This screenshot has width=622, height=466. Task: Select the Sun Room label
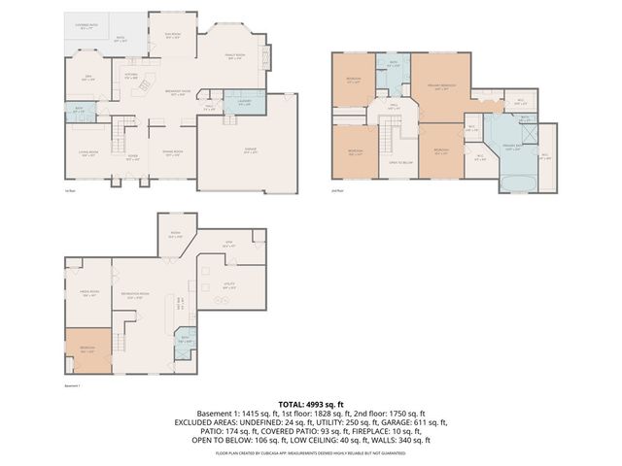pos(176,38)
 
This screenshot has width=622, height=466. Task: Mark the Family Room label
pos(233,58)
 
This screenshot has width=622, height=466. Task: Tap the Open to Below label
pos(399,162)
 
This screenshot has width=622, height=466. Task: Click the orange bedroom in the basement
pos(87,350)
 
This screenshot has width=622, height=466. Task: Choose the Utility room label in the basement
pos(229,287)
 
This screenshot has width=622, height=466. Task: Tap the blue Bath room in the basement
pos(185,341)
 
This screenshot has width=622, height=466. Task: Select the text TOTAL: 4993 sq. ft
pos(311,403)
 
